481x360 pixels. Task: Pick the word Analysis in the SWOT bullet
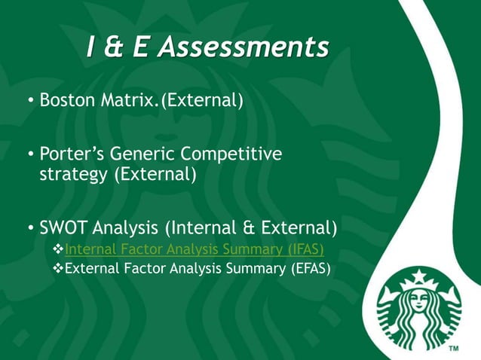pos(130,227)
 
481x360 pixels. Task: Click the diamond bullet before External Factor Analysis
pos(60,267)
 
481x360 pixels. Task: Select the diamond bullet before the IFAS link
pos(60,249)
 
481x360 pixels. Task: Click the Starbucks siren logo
pos(418,311)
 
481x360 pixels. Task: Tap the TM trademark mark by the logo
pos(454,349)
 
